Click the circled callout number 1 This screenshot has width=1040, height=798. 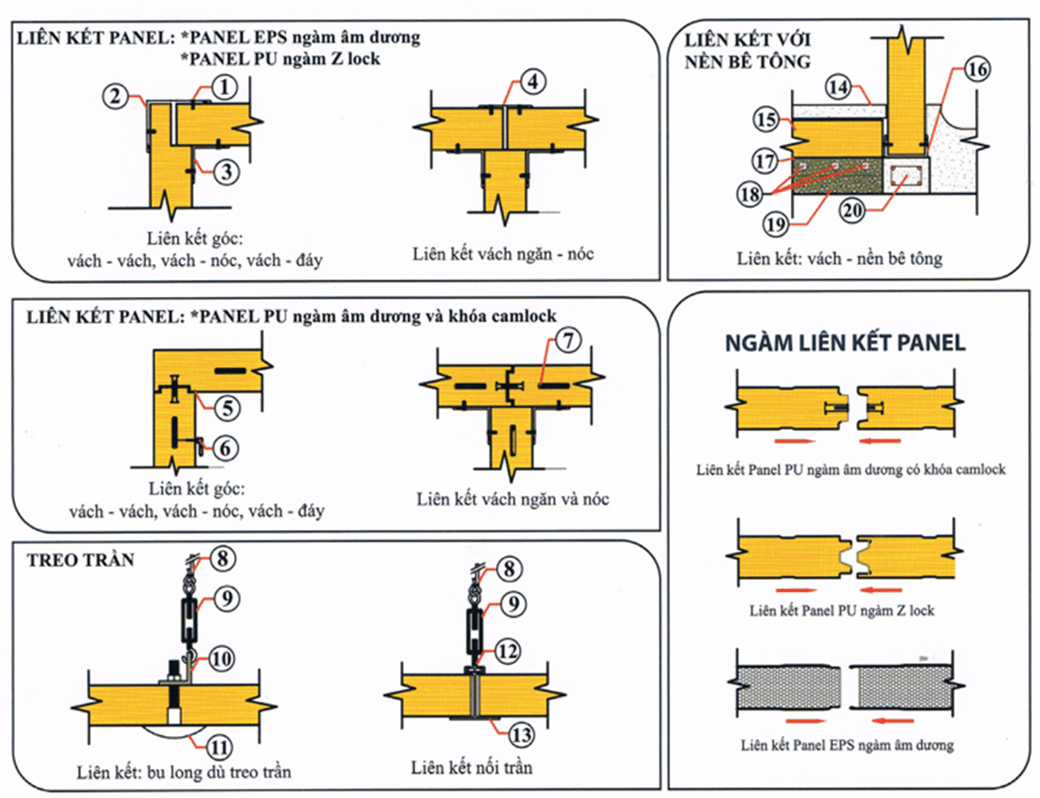point(225,87)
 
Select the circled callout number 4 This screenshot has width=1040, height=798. point(531,81)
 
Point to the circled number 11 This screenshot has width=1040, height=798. point(217,747)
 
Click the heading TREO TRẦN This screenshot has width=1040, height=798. point(81,560)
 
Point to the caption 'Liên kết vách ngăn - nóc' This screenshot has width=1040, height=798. point(503,254)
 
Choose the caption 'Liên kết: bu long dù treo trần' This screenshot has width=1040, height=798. point(185,773)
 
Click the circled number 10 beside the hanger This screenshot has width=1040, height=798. point(222,659)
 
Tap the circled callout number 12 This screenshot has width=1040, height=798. point(508,649)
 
